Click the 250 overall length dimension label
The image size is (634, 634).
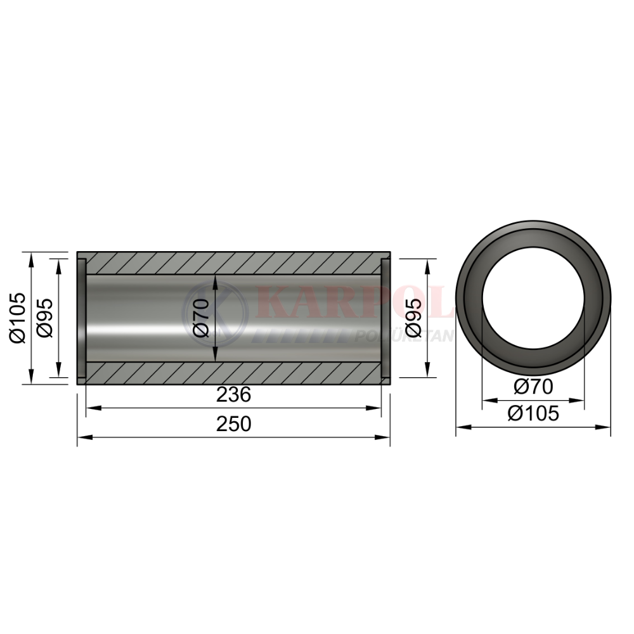pos(234,424)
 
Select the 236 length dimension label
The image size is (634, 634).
pos(234,394)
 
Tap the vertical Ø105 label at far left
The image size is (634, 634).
pos(18,318)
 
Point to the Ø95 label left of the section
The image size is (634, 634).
pos(44,318)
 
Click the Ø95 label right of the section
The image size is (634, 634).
pos(413,318)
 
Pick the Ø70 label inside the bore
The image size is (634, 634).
pos(200,318)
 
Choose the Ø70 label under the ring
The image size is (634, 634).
pos(533,387)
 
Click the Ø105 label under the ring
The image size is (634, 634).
pos(533,413)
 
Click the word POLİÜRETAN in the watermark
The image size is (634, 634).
pos(404,336)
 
